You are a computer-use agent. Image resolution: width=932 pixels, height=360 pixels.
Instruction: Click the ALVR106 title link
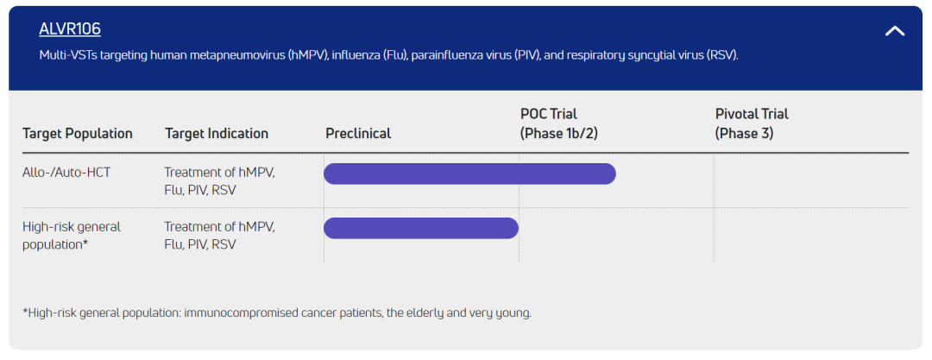coord(70,28)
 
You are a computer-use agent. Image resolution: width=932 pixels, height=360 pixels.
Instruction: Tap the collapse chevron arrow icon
coord(895,31)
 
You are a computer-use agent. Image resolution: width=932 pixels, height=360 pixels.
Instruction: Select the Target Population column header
coord(78,133)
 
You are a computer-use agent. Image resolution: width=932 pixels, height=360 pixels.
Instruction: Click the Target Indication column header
coord(217,133)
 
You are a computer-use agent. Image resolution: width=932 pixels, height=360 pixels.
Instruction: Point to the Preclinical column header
coord(358,133)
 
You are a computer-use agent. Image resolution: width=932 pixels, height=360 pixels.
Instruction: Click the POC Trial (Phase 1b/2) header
coord(558,123)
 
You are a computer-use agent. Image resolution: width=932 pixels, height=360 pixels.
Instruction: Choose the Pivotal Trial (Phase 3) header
coord(752,123)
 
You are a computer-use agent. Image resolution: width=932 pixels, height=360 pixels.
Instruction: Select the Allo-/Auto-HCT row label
coord(66,174)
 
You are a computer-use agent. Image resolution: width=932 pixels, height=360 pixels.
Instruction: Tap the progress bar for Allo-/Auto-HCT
coord(469,174)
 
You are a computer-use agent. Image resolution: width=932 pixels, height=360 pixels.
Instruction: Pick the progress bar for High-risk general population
coord(421,229)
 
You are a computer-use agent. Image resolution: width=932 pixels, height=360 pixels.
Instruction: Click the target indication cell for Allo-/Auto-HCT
coord(219,181)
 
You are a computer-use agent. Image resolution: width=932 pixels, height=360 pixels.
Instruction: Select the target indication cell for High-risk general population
coord(219,235)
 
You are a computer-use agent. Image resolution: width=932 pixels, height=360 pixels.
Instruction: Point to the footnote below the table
coord(277,313)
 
